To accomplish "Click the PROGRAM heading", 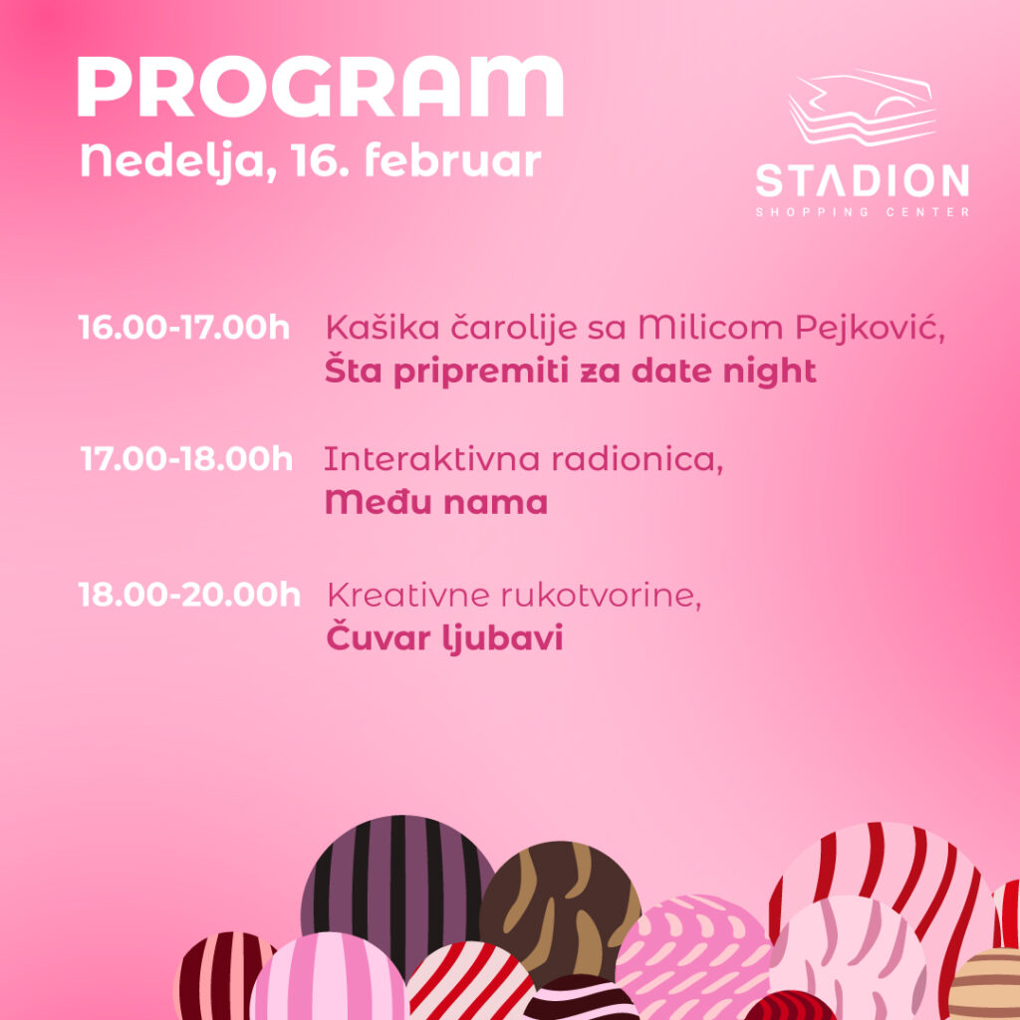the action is [320, 87].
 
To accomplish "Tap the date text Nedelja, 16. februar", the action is [311, 160].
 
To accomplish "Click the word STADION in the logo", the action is [862, 180].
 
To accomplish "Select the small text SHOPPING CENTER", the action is [863, 212].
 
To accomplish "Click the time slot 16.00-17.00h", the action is [183, 327].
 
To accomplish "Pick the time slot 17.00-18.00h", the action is [186, 458].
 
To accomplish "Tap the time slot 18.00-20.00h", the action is [189, 595].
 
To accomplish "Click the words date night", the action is [723, 372].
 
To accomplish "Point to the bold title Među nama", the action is [436, 502].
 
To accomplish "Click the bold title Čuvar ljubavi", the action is [444, 637].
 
